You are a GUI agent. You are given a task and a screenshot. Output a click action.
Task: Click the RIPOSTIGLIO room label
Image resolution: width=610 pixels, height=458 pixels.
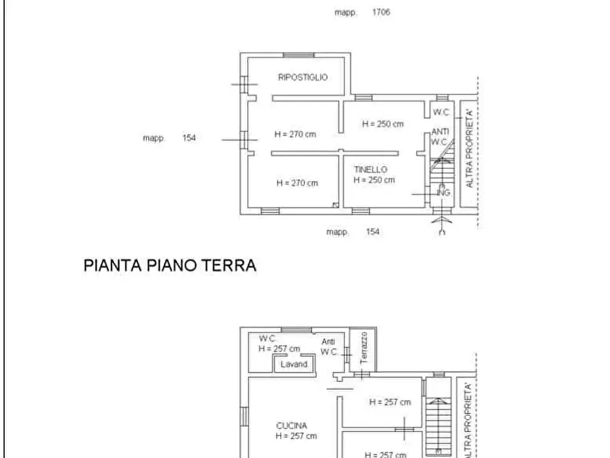(303, 77)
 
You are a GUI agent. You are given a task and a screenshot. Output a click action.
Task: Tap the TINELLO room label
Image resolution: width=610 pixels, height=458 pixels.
(370, 170)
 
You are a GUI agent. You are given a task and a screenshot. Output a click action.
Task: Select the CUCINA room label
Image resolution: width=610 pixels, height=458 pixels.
(292, 425)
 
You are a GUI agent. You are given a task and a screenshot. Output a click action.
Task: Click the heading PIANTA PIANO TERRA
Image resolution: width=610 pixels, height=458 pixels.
(170, 266)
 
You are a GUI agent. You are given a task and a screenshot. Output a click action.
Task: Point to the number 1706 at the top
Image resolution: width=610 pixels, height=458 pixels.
(381, 12)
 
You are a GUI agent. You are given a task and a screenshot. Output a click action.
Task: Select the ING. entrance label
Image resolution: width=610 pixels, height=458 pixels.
(443, 193)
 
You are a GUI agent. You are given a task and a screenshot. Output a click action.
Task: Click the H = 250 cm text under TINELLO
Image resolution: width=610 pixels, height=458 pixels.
(374, 180)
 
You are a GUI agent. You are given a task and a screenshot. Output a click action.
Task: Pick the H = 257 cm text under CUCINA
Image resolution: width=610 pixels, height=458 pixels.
(296, 436)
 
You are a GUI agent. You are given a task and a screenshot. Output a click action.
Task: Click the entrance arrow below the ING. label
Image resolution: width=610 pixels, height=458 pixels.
(442, 222)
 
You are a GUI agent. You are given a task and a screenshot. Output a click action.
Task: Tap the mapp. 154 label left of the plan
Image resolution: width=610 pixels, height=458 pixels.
(169, 138)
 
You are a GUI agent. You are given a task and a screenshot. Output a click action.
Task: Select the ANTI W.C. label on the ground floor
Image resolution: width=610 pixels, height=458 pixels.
(440, 137)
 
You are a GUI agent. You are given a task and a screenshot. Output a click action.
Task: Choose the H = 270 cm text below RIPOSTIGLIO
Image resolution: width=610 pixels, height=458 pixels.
(295, 135)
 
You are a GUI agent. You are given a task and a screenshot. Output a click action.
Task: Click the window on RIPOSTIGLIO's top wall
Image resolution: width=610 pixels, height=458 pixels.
(299, 55)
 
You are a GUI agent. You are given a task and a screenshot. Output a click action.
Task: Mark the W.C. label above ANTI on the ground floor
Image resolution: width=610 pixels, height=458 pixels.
(441, 113)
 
